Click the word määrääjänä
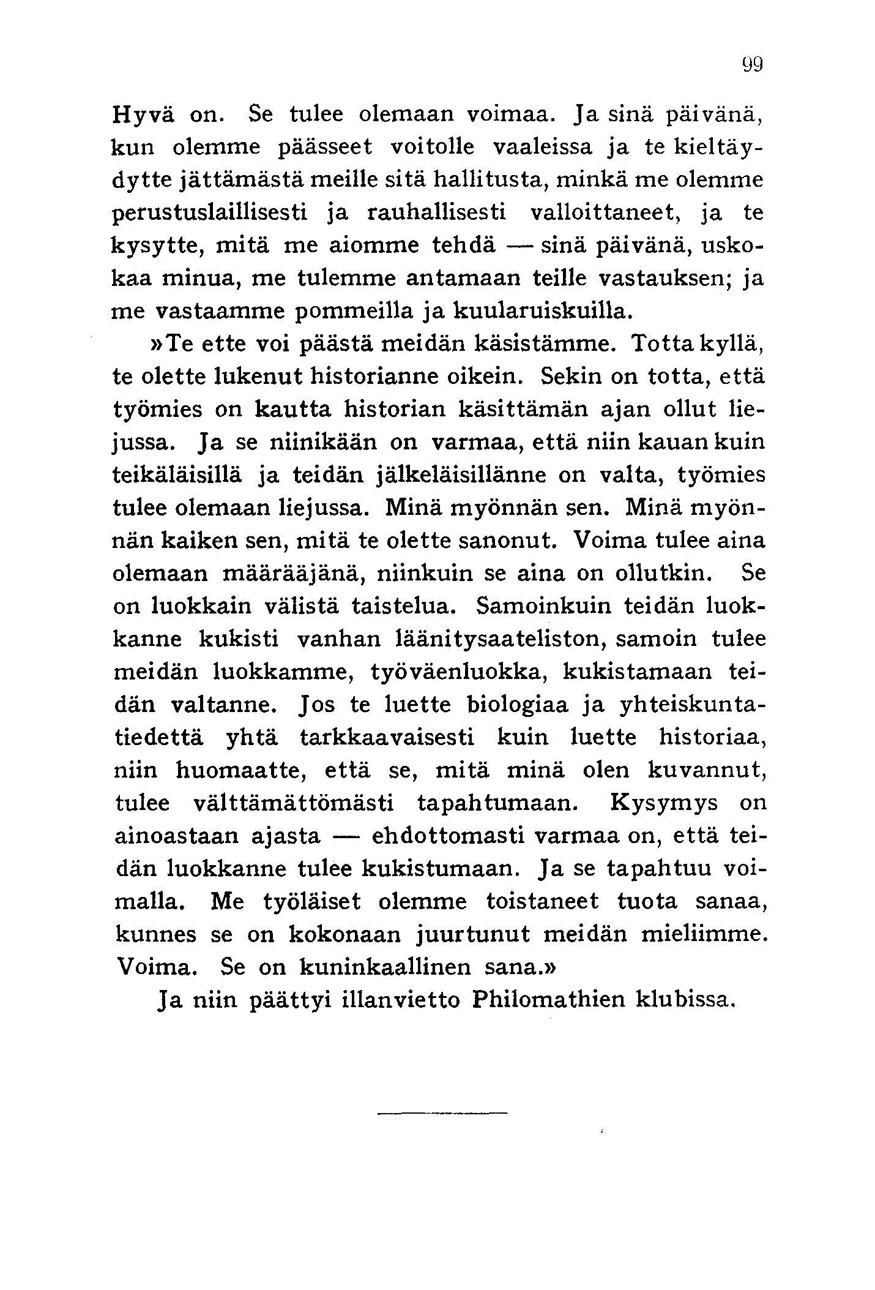pyautogui.click(x=293, y=574)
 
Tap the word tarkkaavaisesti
pyautogui.click(x=387, y=738)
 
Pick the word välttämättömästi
pyautogui.click(x=294, y=803)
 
